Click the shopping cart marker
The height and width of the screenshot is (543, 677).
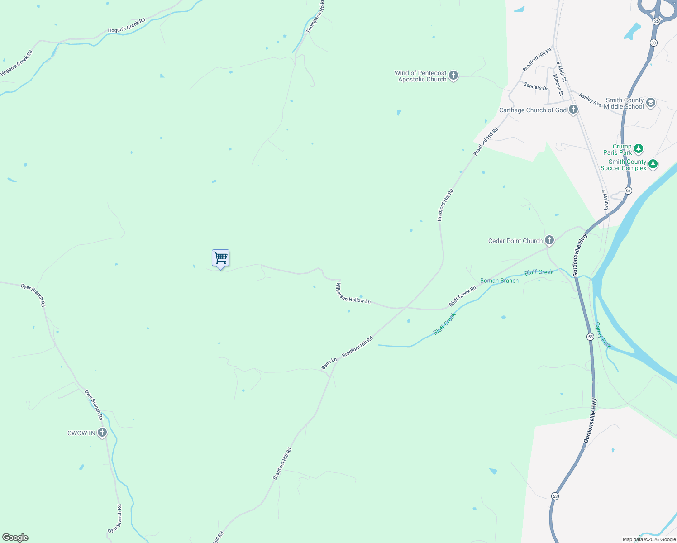click(x=220, y=258)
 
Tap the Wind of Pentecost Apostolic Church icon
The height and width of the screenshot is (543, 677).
click(x=453, y=76)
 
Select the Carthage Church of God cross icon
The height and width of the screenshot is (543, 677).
click(x=573, y=110)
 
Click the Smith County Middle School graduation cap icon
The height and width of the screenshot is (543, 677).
click(x=651, y=103)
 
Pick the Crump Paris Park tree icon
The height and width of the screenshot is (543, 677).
click(x=639, y=148)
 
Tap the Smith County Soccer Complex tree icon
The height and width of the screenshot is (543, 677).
click(x=653, y=164)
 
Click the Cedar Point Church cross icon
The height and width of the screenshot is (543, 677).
click(x=549, y=240)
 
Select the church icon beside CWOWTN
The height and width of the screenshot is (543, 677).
click(x=102, y=433)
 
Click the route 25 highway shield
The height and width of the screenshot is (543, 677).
click(x=657, y=21)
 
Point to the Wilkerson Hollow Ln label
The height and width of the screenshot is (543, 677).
click(x=353, y=294)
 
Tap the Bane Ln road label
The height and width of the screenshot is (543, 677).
click(x=329, y=364)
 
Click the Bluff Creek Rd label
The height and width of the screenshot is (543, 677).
click(x=462, y=296)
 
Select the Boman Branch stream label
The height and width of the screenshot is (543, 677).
click(x=499, y=281)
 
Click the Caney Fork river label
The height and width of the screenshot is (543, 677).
click(x=603, y=335)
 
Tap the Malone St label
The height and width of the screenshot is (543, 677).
click(x=558, y=85)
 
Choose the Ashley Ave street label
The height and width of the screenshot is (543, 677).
click(x=590, y=100)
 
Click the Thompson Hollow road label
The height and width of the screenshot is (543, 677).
click(x=315, y=17)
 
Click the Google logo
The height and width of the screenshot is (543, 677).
click(x=15, y=538)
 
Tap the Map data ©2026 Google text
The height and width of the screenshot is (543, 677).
click(x=649, y=539)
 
